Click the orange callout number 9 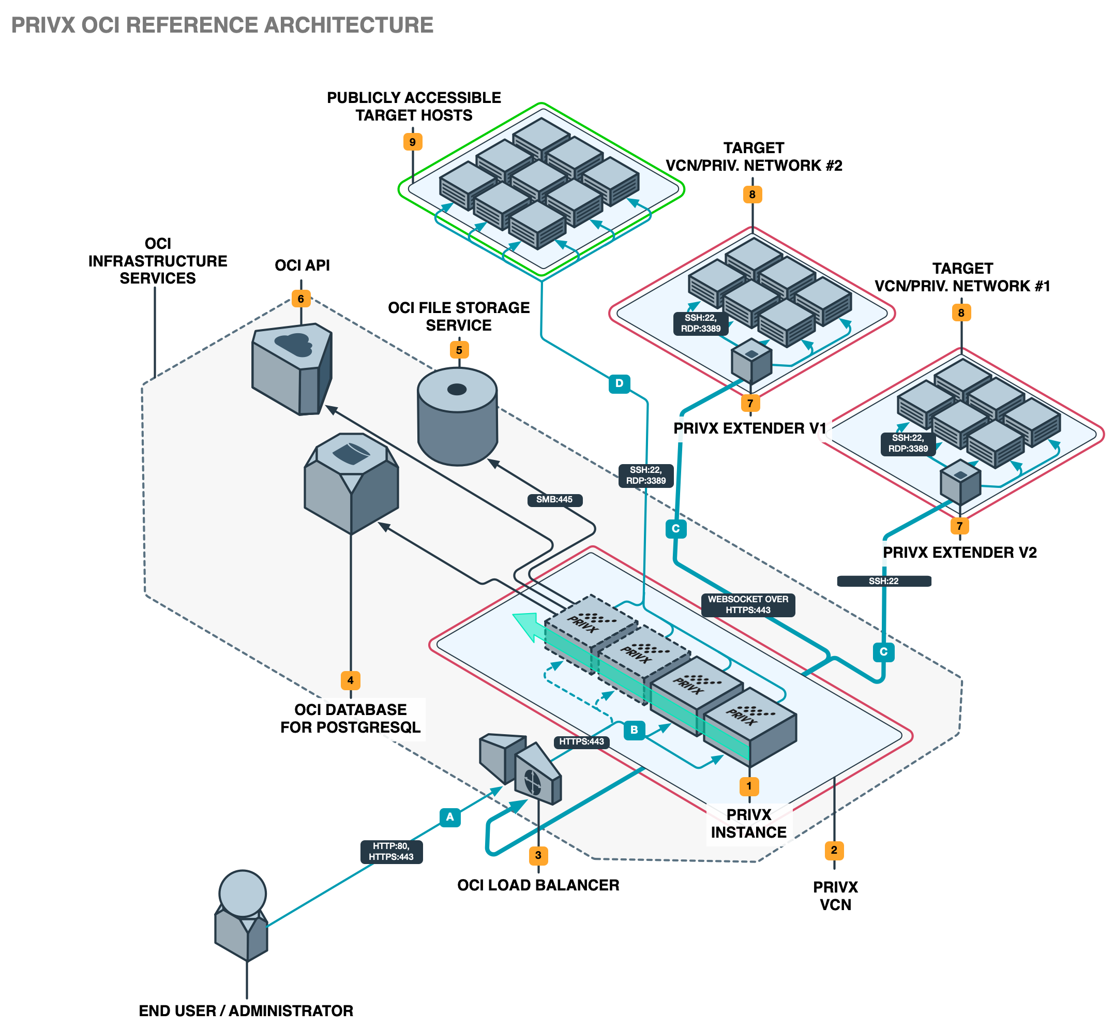click(x=412, y=142)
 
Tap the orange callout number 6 click(x=301, y=299)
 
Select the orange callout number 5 click(x=459, y=350)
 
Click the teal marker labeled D click(x=619, y=383)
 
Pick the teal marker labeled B click(x=634, y=730)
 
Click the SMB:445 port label click(x=554, y=500)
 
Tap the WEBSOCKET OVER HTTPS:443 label click(x=748, y=605)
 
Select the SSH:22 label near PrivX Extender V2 click(x=883, y=581)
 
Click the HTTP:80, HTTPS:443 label click(x=392, y=852)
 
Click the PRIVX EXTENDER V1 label click(x=749, y=428)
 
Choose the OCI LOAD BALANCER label click(x=538, y=885)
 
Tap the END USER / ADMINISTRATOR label click(x=246, y=1011)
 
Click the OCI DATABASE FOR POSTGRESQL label click(x=350, y=719)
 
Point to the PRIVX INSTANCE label click(x=749, y=823)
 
